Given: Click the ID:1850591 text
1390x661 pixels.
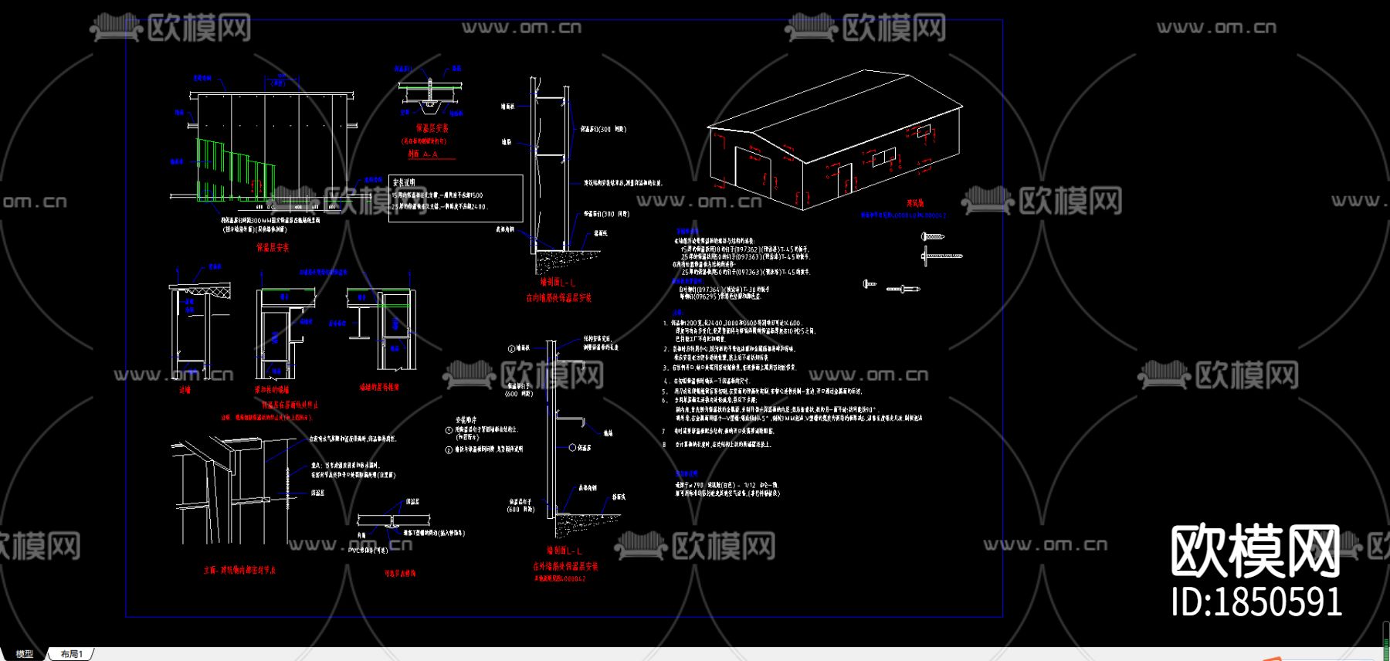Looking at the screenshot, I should pos(1256,602).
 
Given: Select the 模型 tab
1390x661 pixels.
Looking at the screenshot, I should pos(25,654).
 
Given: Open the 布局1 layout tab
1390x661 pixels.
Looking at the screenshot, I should pos(72,654).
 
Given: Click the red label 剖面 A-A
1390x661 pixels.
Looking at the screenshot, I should pos(423,154).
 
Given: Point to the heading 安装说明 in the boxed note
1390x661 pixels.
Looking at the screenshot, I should pos(404,183).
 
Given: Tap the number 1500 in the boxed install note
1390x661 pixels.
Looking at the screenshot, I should pos(475,195).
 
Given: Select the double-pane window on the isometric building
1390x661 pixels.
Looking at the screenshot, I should pos(883,158).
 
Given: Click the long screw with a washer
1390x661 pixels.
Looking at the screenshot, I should pos(942,256).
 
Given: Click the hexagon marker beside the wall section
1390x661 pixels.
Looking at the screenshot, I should pos(572,448).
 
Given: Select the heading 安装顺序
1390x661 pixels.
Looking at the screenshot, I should pos(466,420).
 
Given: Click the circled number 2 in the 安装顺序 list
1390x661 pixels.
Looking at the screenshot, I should pos(449,449).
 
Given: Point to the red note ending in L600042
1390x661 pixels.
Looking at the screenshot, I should pos(559,578).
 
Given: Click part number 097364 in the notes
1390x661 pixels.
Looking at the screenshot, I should pos(707,290).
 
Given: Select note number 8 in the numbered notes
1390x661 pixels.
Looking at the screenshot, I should pos(664,445).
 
